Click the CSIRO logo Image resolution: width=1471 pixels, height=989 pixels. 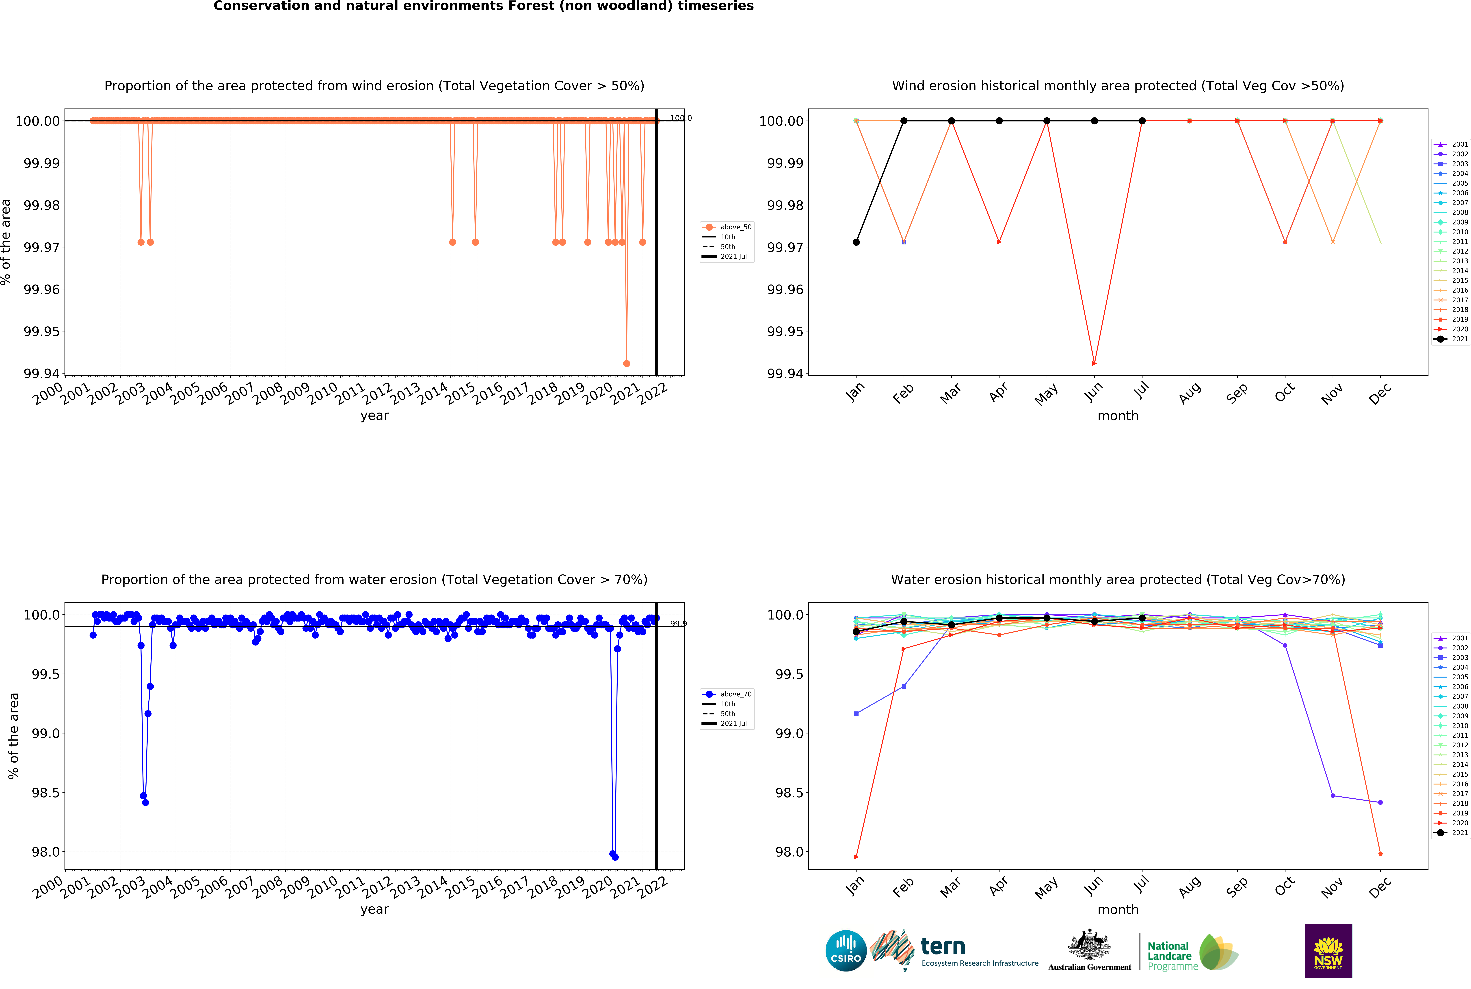846,950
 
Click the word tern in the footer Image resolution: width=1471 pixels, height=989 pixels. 943,946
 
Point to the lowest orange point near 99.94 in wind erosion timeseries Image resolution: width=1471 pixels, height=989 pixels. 626,363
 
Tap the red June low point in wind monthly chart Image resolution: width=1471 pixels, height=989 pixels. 1094,363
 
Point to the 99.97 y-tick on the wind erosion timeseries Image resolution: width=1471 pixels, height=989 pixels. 42,247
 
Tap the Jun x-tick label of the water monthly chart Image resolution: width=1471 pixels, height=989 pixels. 1094,886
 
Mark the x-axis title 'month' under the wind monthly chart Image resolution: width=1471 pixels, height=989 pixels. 1118,416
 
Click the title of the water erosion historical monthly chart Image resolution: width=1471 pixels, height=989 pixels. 1118,580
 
